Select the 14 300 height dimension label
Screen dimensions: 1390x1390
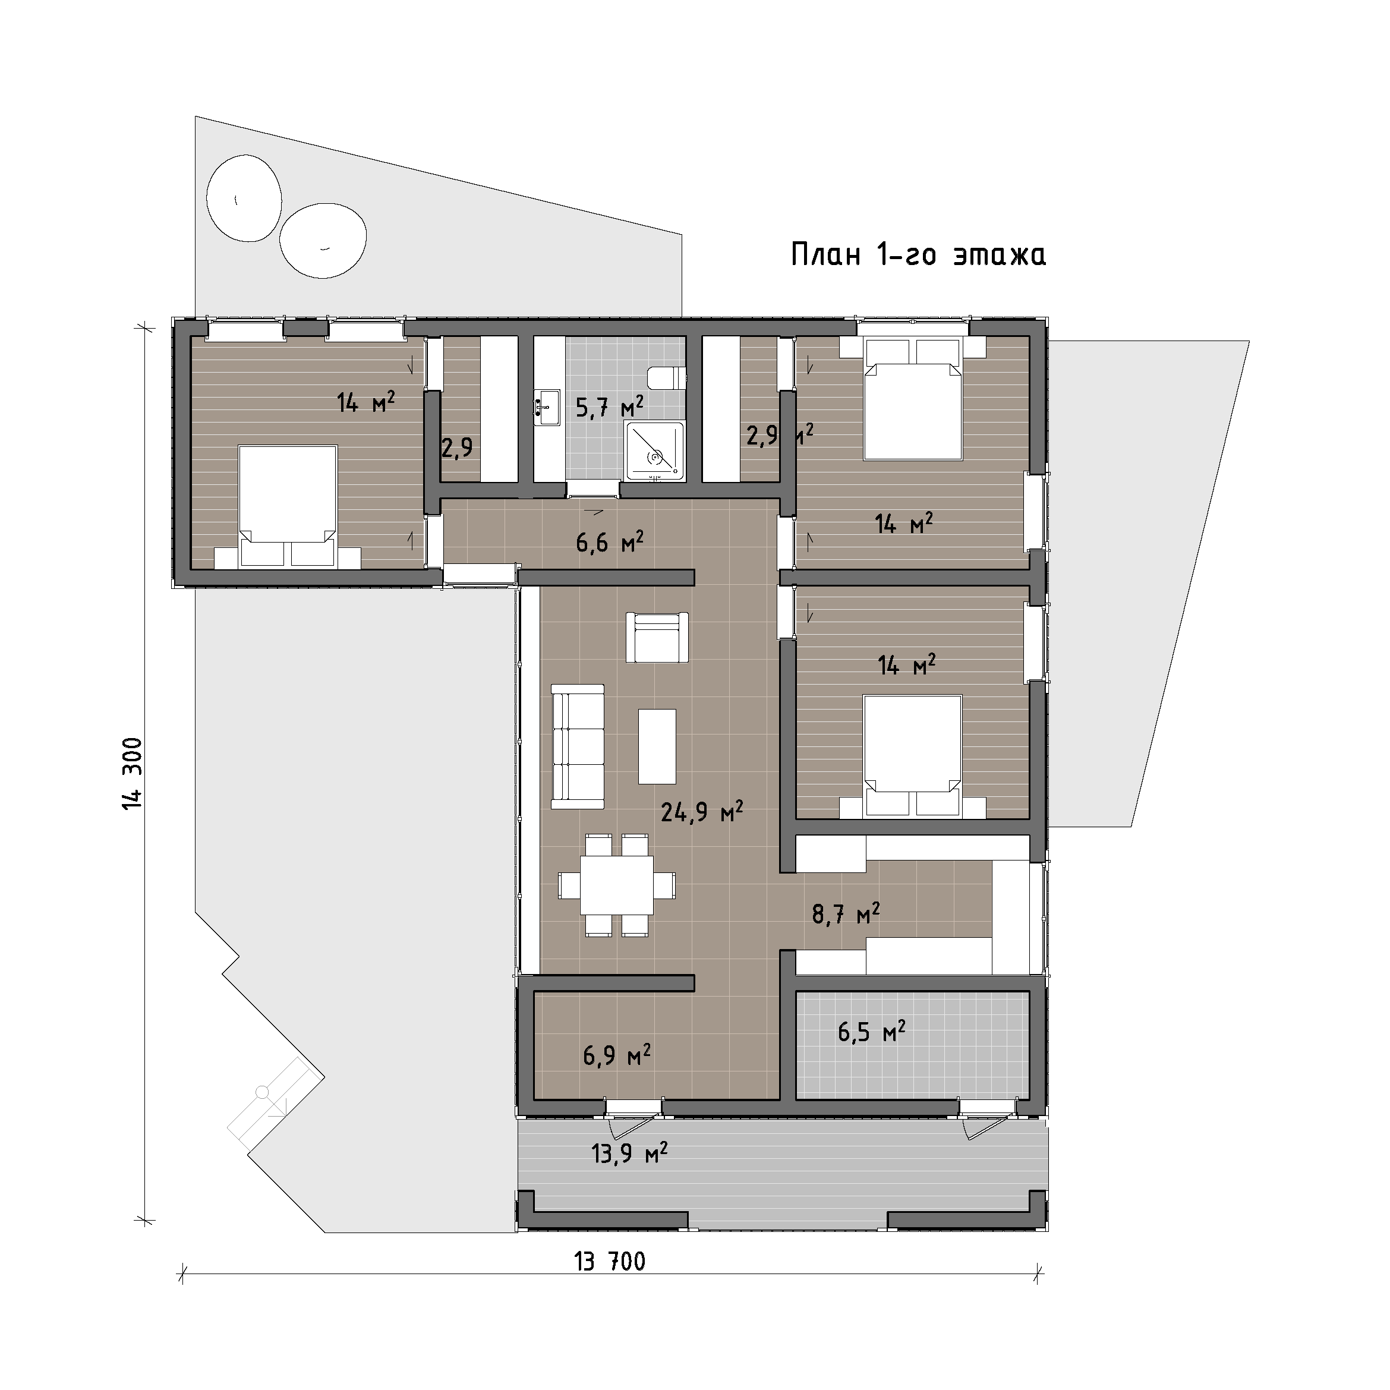click(x=134, y=773)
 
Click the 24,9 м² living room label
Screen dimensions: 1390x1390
click(x=701, y=812)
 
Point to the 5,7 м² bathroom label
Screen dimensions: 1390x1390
click(x=609, y=407)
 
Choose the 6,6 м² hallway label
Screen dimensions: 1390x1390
click(x=609, y=541)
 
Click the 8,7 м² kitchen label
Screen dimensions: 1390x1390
click(x=846, y=914)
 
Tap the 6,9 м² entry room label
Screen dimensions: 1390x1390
click(x=617, y=1055)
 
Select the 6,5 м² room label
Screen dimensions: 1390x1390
click(x=871, y=1032)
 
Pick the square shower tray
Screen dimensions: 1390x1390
click(x=655, y=451)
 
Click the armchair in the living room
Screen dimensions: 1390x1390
click(x=657, y=636)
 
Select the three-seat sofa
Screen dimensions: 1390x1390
click(x=578, y=746)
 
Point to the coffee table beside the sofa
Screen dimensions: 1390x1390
click(x=657, y=746)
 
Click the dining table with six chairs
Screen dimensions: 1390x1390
click(x=617, y=885)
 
